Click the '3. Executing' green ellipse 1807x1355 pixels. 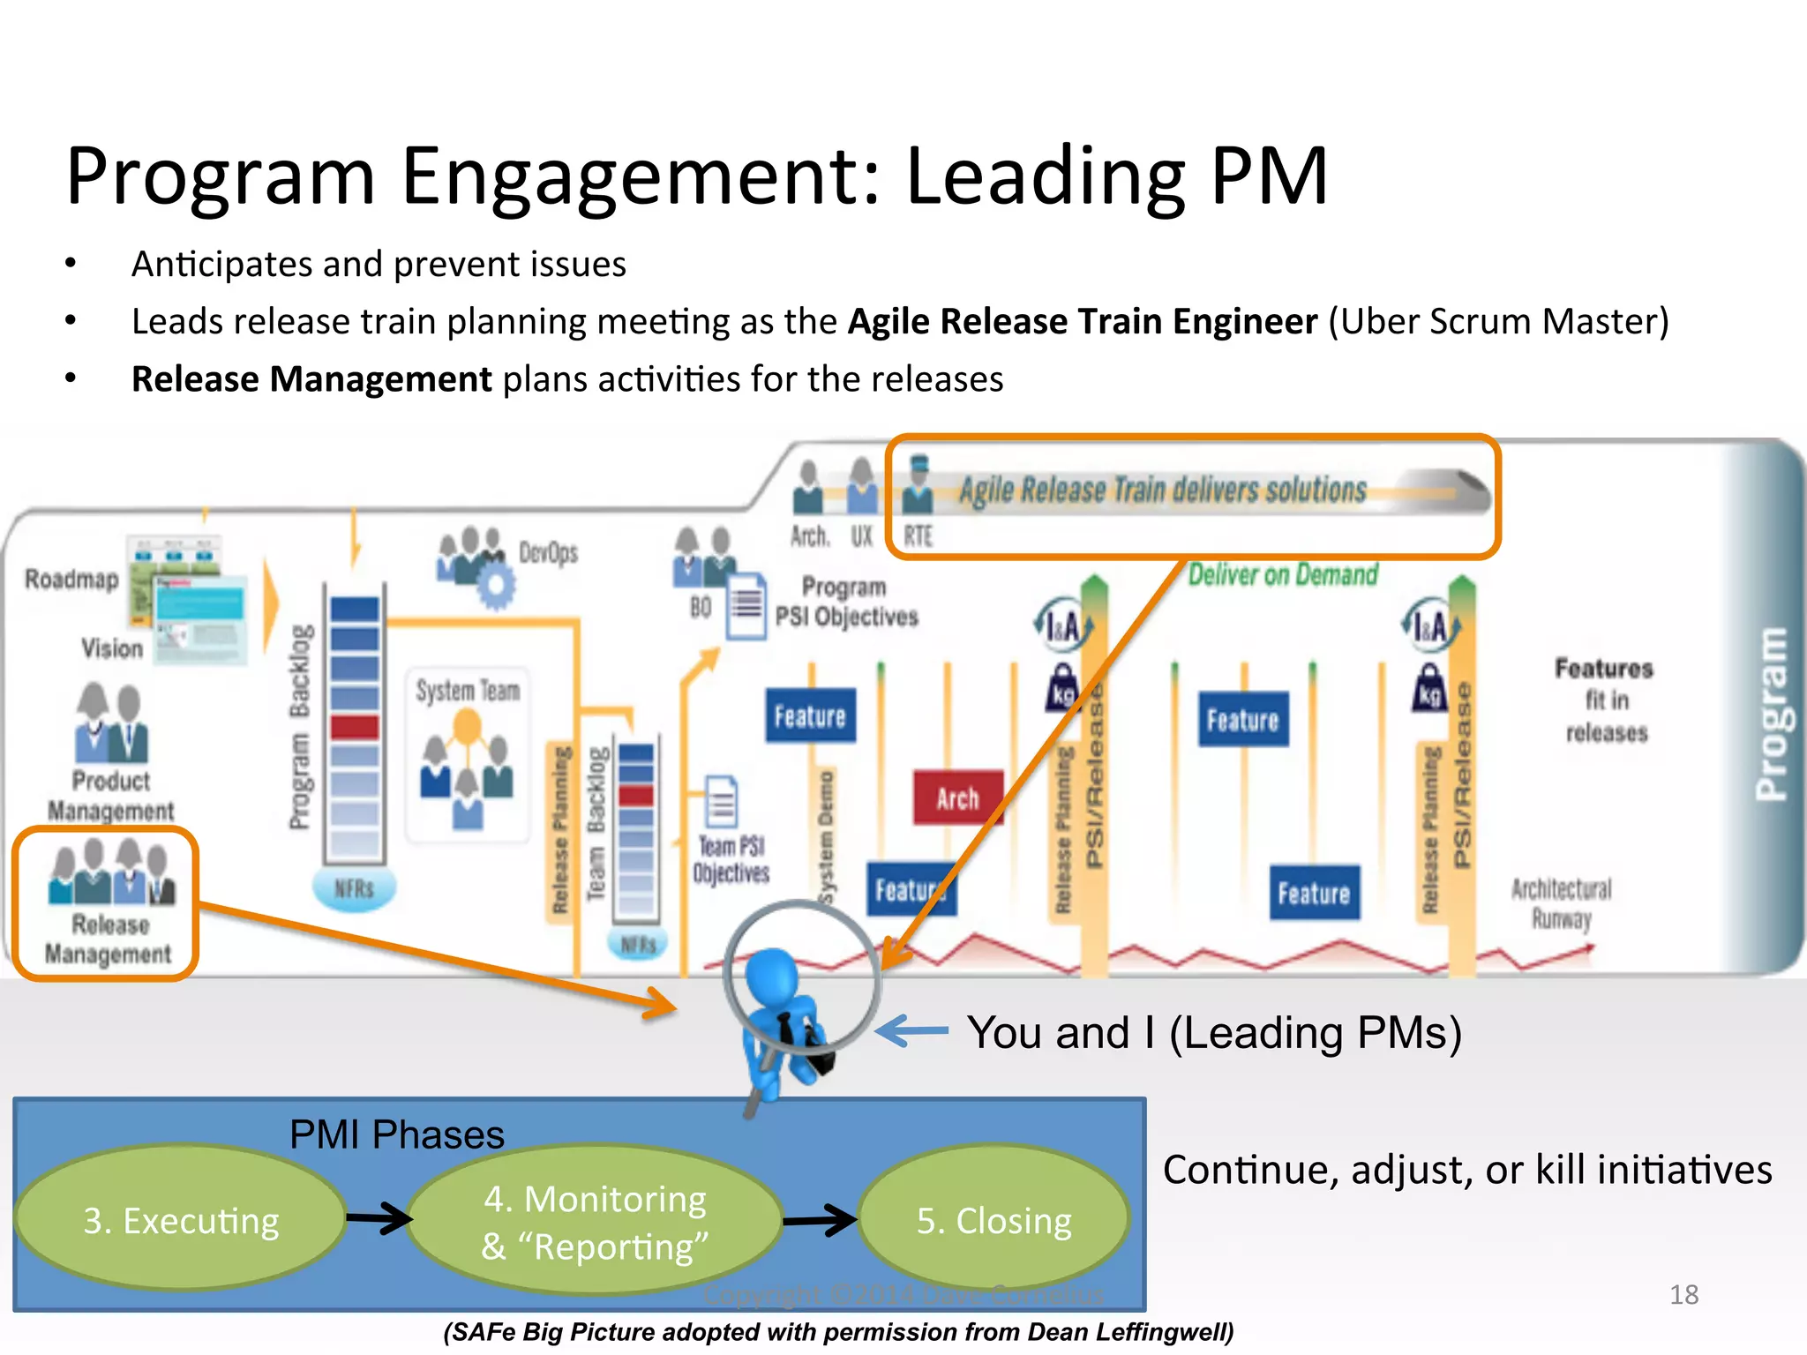click(x=181, y=1220)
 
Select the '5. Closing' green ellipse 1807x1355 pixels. click(x=993, y=1220)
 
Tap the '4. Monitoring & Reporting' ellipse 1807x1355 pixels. click(x=595, y=1222)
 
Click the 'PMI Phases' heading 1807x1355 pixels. click(x=396, y=1134)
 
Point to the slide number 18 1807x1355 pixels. click(x=1683, y=1294)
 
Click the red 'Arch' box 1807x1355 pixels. click(x=957, y=797)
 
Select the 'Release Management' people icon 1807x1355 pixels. click(x=112, y=872)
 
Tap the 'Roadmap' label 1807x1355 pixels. click(x=71, y=580)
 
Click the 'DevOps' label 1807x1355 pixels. click(x=548, y=553)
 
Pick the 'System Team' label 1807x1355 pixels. click(x=468, y=690)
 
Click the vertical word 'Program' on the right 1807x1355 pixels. click(x=1771, y=715)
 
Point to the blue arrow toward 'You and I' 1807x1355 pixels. click(x=912, y=1030)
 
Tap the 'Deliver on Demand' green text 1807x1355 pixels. click(x=1282, y=575)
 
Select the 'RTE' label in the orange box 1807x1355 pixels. click(x=918, y=535)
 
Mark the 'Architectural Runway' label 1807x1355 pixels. click(x=1561, y=902)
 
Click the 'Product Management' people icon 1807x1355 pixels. click(x=112, y=724)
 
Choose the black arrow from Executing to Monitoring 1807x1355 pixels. click(x=379, y=1218)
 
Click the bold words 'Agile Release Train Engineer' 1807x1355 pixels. click(x=1083, y=321)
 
